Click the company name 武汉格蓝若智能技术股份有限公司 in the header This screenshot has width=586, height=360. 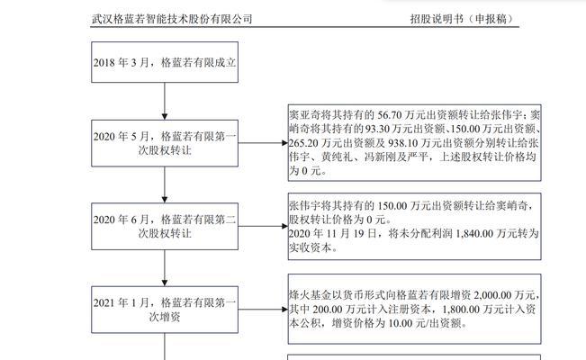172,19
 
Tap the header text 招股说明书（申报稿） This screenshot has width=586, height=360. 463,19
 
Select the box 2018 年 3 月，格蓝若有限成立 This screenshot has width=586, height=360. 165,62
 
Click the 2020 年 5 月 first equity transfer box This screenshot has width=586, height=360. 165,143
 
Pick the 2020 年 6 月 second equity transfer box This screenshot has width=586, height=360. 165,226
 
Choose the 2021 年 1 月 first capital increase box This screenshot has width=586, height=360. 165,310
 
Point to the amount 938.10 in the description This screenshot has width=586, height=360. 403,143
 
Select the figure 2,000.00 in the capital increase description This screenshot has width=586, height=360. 492,295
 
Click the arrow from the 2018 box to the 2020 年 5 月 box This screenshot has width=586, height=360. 165,101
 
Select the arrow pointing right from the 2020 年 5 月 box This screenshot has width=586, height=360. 263,143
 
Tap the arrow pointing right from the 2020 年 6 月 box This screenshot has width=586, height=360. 263,226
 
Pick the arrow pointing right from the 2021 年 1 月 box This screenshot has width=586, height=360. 263,310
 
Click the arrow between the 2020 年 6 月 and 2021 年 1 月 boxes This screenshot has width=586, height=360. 165,268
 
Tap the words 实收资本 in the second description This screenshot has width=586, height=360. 311,247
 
